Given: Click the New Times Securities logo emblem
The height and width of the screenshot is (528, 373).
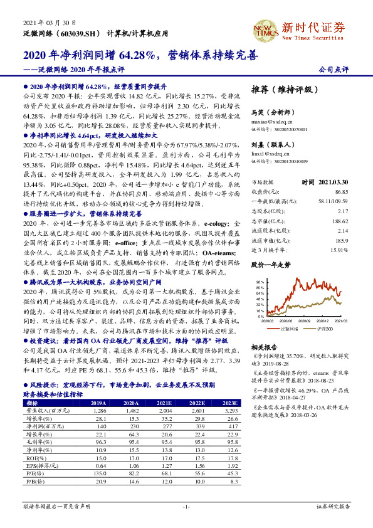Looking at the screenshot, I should coord(265,29).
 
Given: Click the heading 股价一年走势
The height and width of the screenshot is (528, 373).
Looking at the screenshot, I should coord(271,265).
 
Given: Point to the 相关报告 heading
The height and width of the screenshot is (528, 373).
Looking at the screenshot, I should coord(263,346).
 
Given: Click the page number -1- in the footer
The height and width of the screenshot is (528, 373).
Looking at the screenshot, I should coord(186,505).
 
